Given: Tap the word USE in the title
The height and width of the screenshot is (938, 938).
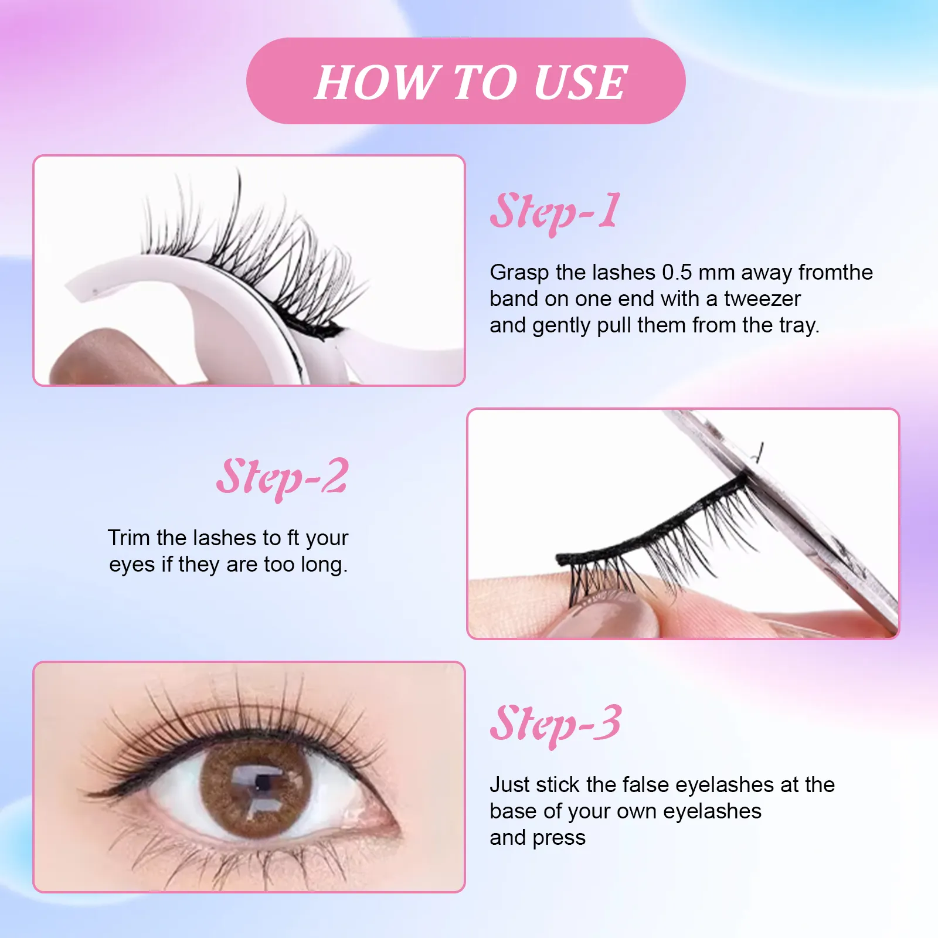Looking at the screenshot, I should tap(580, 82).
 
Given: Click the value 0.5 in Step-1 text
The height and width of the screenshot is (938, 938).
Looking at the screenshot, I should tap(677, 273).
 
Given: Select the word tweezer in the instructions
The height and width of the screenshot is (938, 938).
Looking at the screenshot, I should tap(762, 299).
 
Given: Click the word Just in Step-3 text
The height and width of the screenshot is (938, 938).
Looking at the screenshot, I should tap(509, 785).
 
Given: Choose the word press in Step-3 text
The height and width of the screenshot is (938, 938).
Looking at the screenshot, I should tap(559, 838).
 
